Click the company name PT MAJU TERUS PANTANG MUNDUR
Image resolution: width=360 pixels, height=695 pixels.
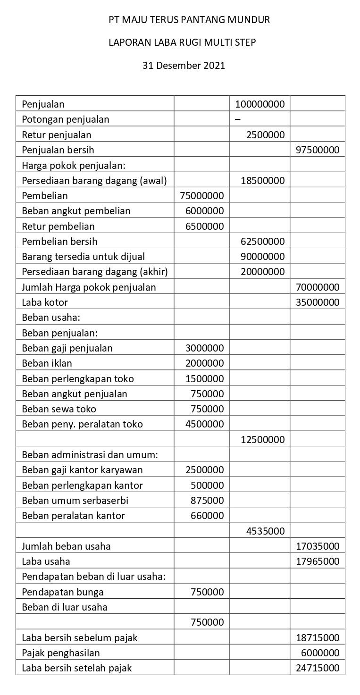189,20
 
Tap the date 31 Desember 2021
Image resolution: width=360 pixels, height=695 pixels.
184,65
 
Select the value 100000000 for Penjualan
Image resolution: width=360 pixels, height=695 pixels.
260,104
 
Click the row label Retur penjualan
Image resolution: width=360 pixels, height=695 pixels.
57,135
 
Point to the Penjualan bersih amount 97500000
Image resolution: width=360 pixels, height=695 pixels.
318,150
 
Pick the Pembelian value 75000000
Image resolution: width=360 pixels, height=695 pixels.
202,196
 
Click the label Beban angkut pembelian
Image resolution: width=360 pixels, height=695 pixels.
76,211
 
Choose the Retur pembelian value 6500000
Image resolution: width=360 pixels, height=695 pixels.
204,226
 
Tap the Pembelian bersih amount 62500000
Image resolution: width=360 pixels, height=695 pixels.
262,242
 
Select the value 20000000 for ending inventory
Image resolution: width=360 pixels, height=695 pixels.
262,272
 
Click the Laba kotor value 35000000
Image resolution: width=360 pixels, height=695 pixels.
318,302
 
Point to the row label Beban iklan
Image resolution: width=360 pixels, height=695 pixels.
47,363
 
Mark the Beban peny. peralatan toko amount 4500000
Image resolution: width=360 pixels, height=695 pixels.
204,424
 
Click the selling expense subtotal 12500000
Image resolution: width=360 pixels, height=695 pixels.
262,440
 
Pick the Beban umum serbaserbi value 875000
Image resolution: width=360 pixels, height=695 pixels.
207,500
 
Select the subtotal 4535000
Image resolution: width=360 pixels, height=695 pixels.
265,531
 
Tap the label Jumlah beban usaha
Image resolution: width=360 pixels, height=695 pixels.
66,546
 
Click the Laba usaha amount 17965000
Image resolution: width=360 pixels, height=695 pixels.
318,561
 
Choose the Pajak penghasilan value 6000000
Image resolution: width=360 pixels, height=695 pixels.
320,653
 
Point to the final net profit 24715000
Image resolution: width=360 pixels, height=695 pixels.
318,668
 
